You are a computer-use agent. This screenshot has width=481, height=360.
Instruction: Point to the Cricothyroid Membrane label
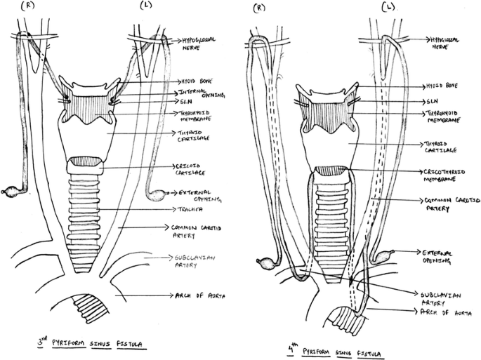point(444,176)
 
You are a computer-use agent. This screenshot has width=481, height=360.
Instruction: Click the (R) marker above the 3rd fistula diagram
point(29,6)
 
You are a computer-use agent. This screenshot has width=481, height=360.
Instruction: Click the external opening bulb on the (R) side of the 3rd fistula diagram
point(13,190)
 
